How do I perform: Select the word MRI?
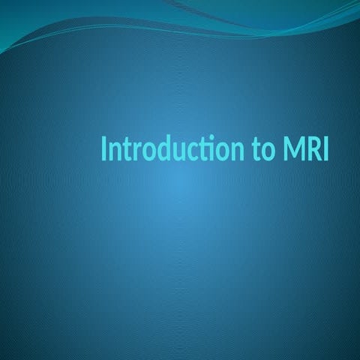click(x=305, y=150)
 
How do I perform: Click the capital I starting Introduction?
click(x=103, y=150)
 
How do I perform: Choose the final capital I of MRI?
click(x=325, y=150)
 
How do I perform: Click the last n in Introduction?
click(x=234, y=152)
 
